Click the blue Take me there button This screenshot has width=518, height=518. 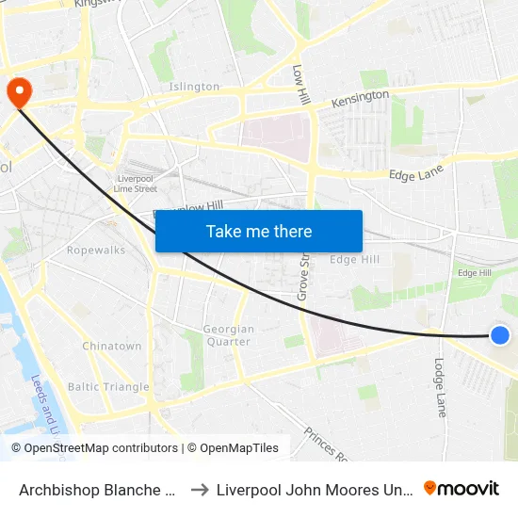(x=259, y=231)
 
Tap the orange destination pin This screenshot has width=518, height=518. (x=19, y=91)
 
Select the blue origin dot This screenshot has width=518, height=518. (x=500, y=334)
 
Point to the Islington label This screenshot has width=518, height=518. (x=194, y=87)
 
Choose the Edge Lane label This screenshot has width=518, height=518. (x=415, y=173)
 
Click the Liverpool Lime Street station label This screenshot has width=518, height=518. (x=137, y=184)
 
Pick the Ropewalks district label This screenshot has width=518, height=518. (x=96, y=251)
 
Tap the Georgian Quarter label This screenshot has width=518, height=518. (x=229, y=335)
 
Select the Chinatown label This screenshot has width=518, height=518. (x=111, y=347)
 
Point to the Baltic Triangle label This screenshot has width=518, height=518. (x=108, y=387)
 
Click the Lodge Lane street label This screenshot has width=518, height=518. (x=440, y=387)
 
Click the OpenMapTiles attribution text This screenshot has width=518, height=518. (x=233, y=448)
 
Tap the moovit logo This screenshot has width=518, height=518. (x=461, y=489)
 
